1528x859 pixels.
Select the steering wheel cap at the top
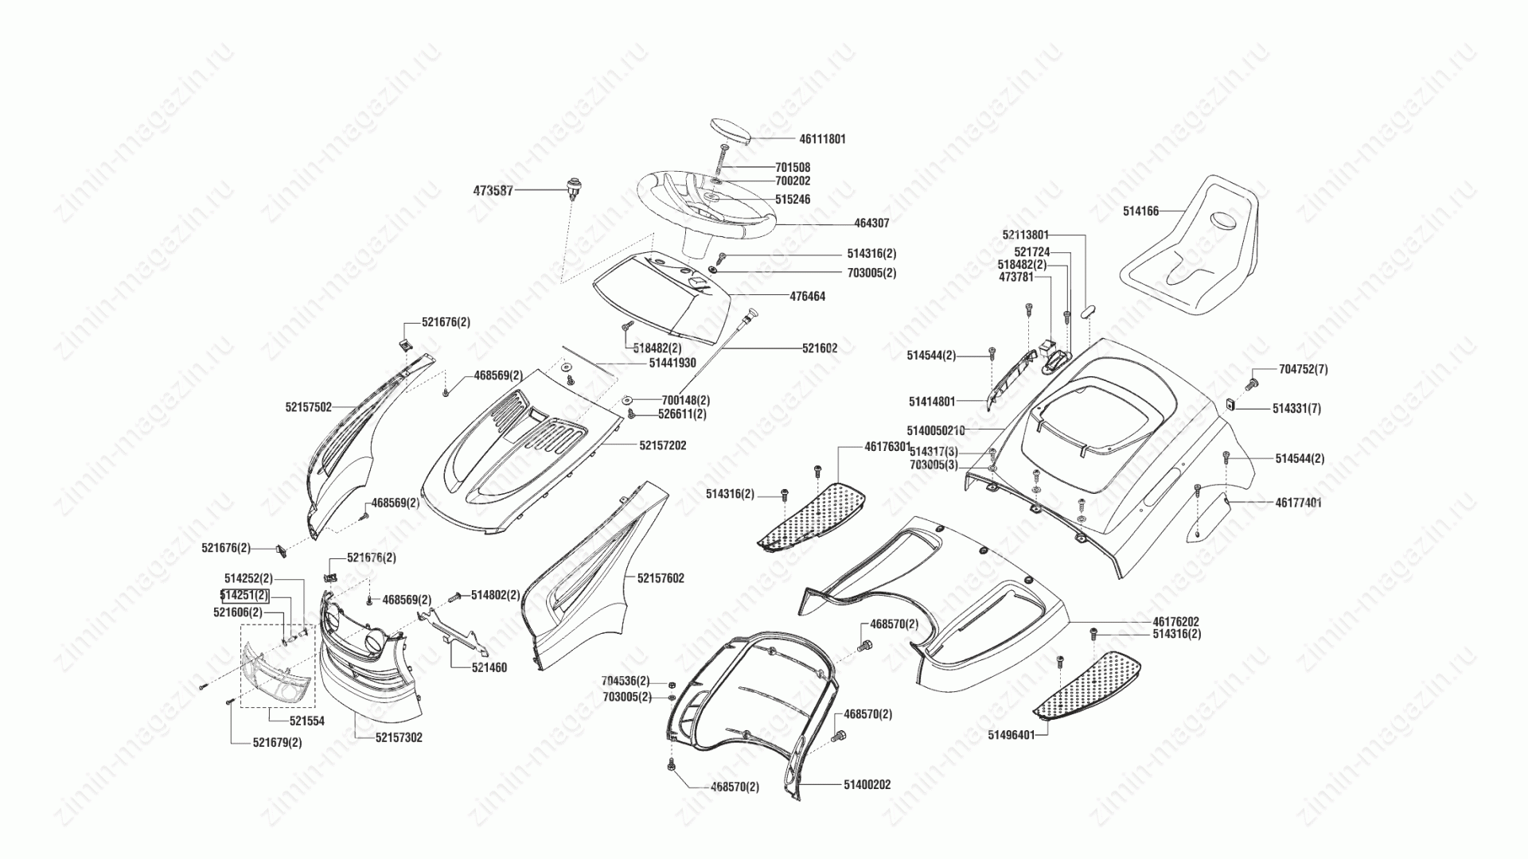[x=730, y=131]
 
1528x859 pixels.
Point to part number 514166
[x=1140, y=212]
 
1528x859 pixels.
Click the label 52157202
[x=662, y=445]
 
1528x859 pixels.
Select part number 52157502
[x=308, y=406]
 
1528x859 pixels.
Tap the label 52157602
[x=661, y=578]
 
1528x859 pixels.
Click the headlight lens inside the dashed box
[x=276, y=674]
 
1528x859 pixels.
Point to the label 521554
[x=306, y=721]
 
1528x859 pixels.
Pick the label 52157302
[x=399, y=737]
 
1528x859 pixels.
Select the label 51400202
[x=867, y=784]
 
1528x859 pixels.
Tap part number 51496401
[x=1012, y=735]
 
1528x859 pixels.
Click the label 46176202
[x=1175, y=621]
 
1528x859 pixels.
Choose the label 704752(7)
[x=1303, y=369]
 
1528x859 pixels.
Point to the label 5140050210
[x=936, y=430]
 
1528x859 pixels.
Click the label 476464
[x=807, y=296]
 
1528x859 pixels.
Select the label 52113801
[x=1026, y=235]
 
